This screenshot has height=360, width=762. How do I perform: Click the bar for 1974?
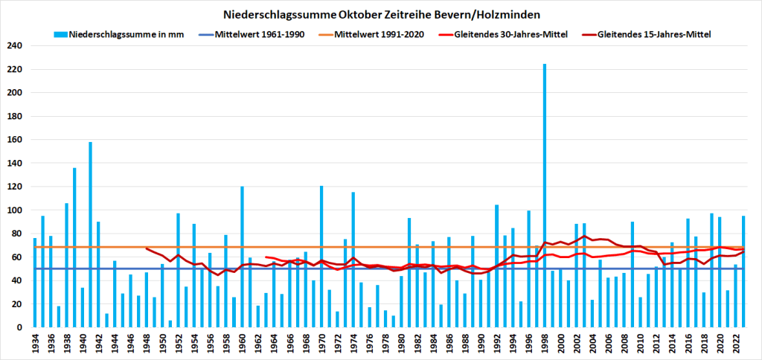click(353, 260)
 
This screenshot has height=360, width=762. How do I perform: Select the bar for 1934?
click(35, 283)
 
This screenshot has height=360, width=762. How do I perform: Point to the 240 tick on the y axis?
click(16, 46)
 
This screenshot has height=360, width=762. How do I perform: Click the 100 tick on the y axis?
click(16, 210)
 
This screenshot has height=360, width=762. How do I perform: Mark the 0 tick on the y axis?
click(20, 327)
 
